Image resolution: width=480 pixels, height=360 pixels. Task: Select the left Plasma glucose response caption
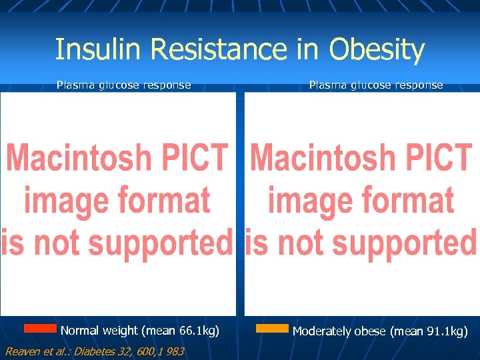(123, 85)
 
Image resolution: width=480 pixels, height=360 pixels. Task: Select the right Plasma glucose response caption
(375, 85)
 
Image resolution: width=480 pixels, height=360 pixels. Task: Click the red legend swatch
(40, 328)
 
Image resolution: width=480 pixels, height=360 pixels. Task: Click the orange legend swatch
(272, 329)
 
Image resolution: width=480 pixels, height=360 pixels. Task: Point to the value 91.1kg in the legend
(446, 331)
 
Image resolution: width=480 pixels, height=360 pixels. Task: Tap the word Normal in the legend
(80, 331)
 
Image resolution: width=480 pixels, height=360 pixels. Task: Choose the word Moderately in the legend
(322, 331)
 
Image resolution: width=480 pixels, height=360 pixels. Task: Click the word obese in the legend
(369, 331)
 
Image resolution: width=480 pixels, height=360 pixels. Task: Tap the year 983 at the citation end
(175, 351)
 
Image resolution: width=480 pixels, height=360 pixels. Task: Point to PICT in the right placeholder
(438, 158)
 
